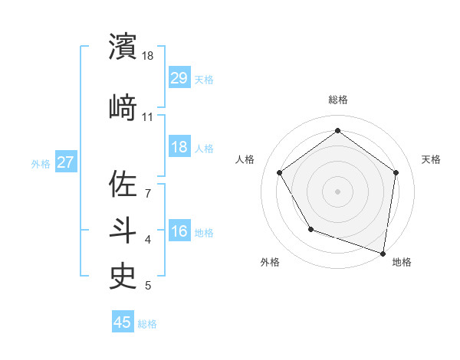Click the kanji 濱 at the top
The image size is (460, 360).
click(123, 47)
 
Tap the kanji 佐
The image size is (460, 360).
click(123, 185)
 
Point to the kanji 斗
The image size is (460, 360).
click(123, 229)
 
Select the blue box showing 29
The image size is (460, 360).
click(179, 77)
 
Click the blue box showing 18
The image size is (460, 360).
click(179, 147)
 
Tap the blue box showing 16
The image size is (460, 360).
click(179, 231)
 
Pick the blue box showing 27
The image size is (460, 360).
click(66, 162)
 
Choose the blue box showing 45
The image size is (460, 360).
click(123, 322)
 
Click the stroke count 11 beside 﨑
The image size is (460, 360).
click(148, 117)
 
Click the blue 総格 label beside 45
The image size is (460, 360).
click(147, 324)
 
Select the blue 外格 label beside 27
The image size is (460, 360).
click(41, 163)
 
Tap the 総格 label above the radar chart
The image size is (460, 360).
click(337, 100)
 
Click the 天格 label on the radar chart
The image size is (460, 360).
click(432, 159)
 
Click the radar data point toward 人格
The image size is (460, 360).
click(280, 173)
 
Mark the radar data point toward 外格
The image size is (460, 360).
click(310, 229)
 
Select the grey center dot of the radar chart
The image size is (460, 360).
click(337, 191)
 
